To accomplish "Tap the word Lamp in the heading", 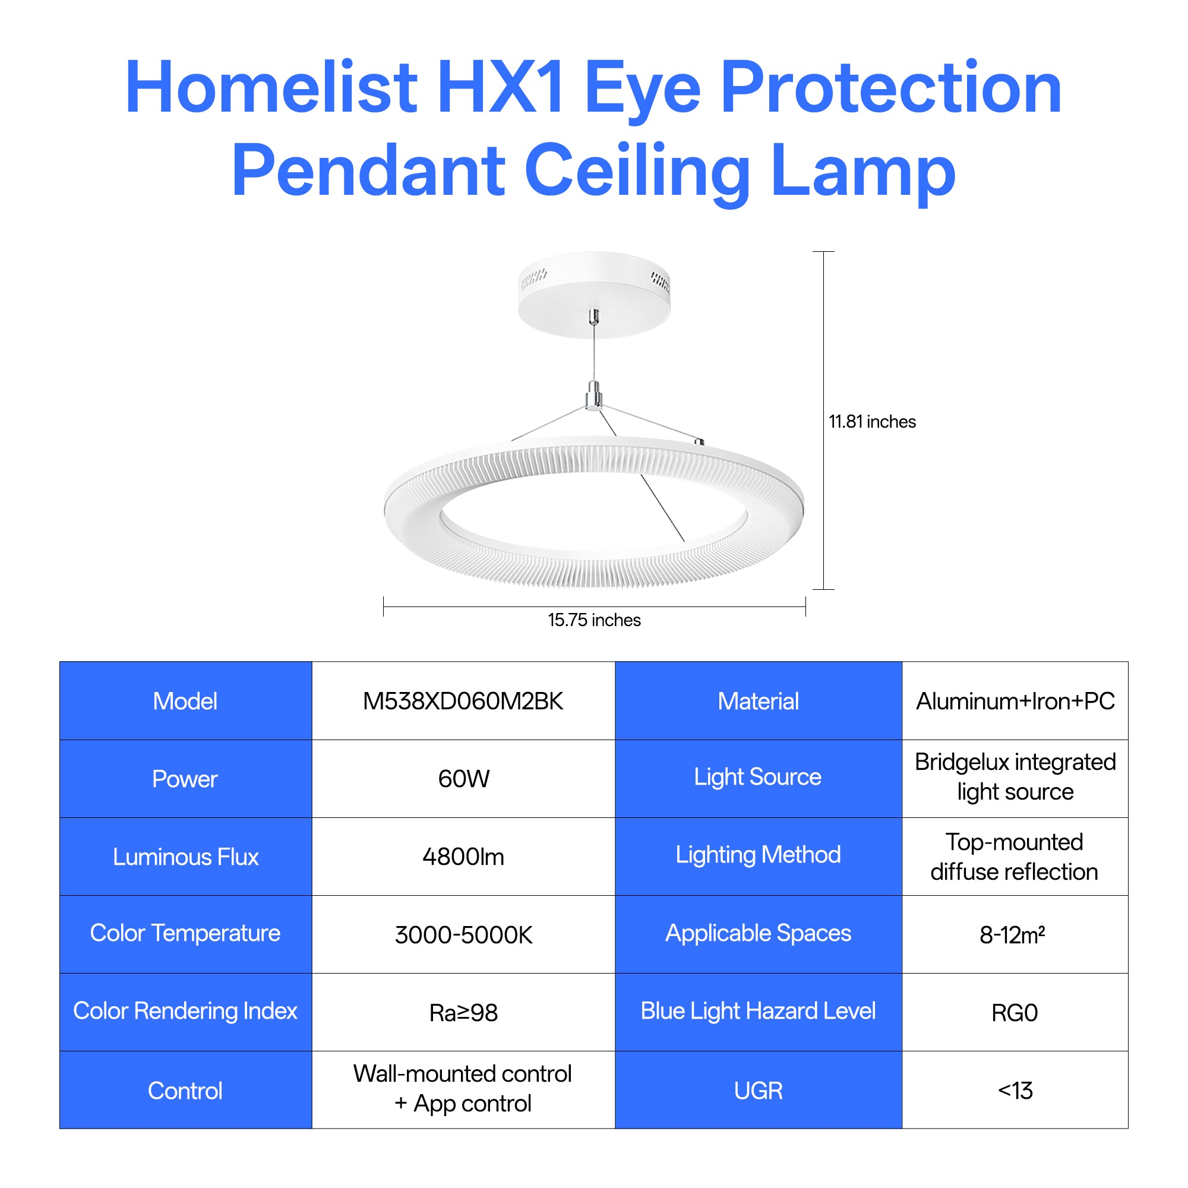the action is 862,171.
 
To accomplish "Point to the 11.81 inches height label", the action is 872,422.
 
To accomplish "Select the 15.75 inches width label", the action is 594,620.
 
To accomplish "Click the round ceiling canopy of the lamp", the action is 594,295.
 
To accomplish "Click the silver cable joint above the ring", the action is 594,395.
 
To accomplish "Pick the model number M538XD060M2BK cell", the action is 463,701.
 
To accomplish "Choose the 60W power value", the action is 464,779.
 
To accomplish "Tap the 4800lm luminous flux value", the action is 463,857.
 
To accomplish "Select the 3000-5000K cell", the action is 464,934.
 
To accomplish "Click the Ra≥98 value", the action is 464,1013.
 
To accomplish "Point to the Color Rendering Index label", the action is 185,1011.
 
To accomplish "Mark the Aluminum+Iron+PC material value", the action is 1015,701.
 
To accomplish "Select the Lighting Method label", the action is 758,855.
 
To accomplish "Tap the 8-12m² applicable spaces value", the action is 1012,934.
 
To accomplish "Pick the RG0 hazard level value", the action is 1015,1013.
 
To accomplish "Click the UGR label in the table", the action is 758,1091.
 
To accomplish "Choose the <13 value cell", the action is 1015,1090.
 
